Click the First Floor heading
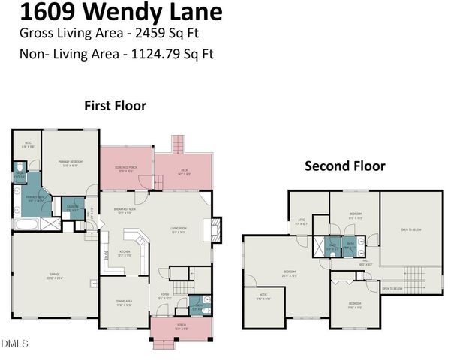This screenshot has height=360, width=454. (115, 106)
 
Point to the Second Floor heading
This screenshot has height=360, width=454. (344, 166)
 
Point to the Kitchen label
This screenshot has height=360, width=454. (125, 253)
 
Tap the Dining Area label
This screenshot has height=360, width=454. (125, 303)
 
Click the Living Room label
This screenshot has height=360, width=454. (178, 230)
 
